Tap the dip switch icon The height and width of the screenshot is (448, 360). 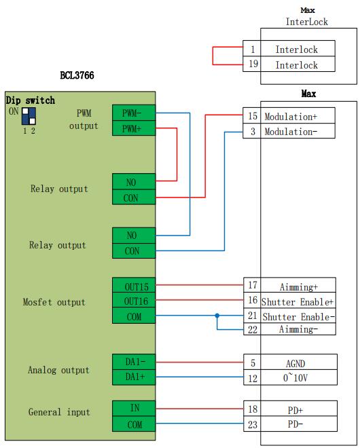(x=29, y=115)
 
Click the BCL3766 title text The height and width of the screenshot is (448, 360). (x=76, y=75)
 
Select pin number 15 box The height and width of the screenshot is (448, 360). (x=252, y=116)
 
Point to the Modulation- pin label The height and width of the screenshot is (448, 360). (x=290, y=132)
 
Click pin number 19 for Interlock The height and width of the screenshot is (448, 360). (x=252, y=64)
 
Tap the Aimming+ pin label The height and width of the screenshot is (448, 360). (x=298, y=287)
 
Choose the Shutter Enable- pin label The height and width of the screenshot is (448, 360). (x=298, y=316)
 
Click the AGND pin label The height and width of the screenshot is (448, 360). (x=298, y=363)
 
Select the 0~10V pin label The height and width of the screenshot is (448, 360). (x=298, y=378)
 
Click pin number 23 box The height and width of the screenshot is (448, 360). (x=252, y=424)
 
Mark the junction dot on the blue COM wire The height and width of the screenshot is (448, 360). (x=217, y=316)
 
